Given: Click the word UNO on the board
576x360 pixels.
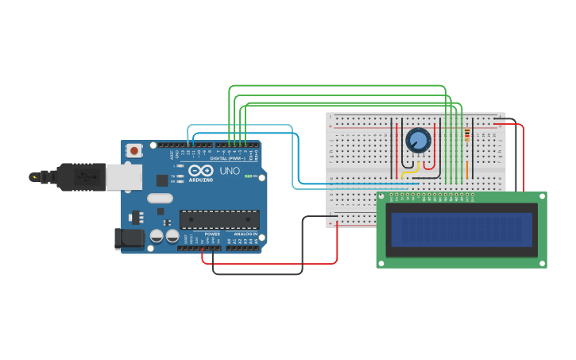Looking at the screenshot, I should tap(230, 171).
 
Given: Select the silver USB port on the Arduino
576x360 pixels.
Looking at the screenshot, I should tap(124, 176).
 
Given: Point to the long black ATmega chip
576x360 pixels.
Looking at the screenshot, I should tap(219, 219).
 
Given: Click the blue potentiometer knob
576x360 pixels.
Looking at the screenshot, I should tap(418, 141).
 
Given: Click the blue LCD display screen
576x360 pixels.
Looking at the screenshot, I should tap(461, 230).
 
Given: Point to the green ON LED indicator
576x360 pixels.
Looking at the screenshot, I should tap(248, 176).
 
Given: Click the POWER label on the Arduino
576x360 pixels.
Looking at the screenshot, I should tap(212, 234).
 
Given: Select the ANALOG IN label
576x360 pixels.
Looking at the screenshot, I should tap(244, 234).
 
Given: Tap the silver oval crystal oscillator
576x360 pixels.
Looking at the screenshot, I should tap(160, 199).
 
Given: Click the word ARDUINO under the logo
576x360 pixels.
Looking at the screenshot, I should tap(200, 180).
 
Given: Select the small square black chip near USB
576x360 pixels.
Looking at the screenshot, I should tap(162, 180).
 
